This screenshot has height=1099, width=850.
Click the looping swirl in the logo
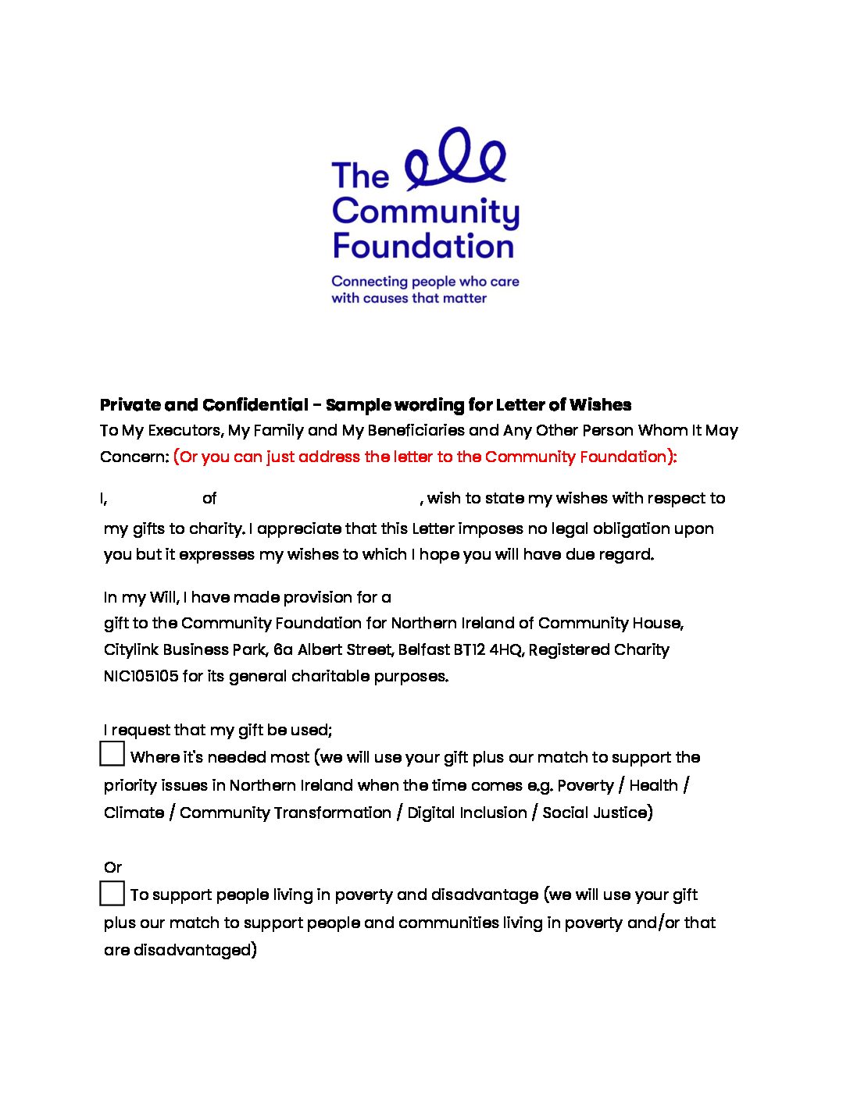click(456, 161)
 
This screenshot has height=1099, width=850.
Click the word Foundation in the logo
click(423, 246)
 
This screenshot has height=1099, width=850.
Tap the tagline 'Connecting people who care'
click(425, 281)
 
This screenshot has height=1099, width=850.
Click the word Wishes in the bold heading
click(600, 404)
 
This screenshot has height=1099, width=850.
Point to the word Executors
click(184, 430)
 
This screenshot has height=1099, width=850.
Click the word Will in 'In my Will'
click(163, 597)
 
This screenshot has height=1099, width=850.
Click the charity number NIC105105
click(141, 676)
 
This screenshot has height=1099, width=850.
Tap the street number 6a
click(283, 649)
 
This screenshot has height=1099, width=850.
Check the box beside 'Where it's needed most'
click(112, 754)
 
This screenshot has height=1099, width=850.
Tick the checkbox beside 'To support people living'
click(112, 893)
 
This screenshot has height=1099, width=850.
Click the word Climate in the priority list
click(134, 813)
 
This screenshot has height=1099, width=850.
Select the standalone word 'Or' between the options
click(112, 867)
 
